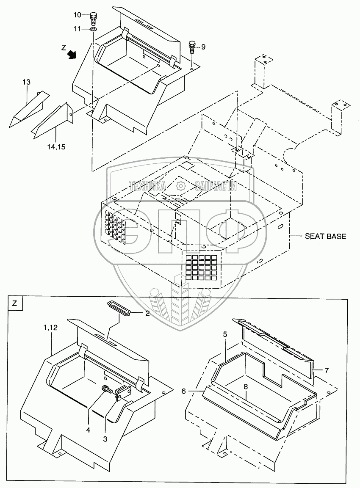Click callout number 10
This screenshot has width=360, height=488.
pyautogui.click(x=77, y=15)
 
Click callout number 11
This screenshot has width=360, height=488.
pyautogui.click(x=77, y=29)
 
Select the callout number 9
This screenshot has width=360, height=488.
pyautogui.click(x=203, y=47)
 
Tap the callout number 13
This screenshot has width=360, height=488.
pyautogui.click(x=26, y=82)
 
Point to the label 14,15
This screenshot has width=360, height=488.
pyautogui.click(x=56, y=147)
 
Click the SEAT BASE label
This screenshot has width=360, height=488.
pyautogui.click(x=325, y=236)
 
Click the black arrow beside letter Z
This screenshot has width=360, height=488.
pyautogui.click(x=72, y=54)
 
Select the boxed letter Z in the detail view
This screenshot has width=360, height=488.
pyautogui.click(x=15, y=303)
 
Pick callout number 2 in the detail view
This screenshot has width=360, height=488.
pyautogui.click(x=147, y=314)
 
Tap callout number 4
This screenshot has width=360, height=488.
pyautogui.click(x=88, y=430)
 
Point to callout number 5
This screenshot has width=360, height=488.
pyautogui.click(x=225, y=334)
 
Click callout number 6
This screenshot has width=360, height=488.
pyautogui.click(x=183, y=392)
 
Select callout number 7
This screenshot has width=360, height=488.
pyautogui.click(x=327, y=370)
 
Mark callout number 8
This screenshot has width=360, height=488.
pyautogui.click(x=246, y=386)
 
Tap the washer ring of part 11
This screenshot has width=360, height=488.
pyautogui.click(x=93, y=29)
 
